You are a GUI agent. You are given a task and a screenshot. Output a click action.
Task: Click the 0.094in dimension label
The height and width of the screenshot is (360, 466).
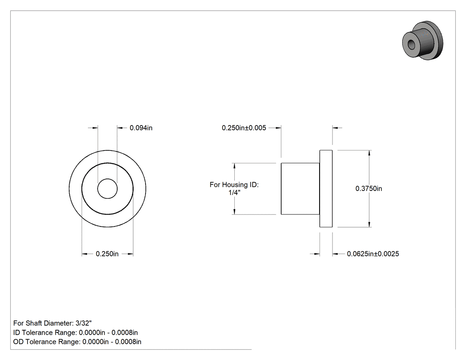point(141,128)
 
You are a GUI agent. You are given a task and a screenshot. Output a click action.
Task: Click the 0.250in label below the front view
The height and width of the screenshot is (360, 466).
point(107,254)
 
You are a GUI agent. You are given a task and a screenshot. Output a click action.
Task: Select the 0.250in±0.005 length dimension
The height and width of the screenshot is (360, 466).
point(244,128)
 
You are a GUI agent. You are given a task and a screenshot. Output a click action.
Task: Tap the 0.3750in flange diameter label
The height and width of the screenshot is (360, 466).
point(369,189)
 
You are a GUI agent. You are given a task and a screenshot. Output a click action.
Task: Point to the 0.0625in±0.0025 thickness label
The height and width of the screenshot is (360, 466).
point(373,254)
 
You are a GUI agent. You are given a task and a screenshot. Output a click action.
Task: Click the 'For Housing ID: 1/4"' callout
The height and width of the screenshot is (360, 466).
point(234,189)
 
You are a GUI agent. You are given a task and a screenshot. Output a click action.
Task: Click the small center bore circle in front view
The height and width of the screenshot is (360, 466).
point(107,189)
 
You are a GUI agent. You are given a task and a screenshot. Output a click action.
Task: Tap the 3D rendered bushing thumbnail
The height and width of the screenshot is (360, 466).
point(423,40)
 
